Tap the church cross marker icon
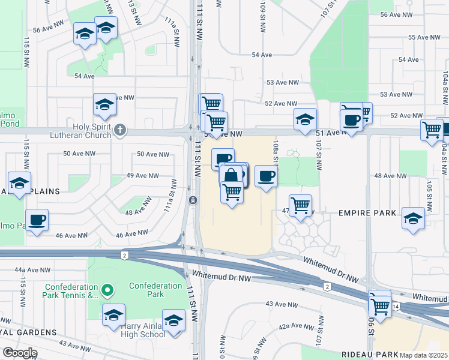point(120,130)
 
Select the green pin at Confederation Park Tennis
point(107,291)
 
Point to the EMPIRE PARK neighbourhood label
point(367,213)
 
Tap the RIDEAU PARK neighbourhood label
point(367,355)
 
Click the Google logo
point(20,353)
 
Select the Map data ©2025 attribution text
point(423,355)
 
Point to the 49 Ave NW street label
point(142,176)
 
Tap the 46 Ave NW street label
point(131,233)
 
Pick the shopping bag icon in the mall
point(231,176)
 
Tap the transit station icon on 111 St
point(193,200)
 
